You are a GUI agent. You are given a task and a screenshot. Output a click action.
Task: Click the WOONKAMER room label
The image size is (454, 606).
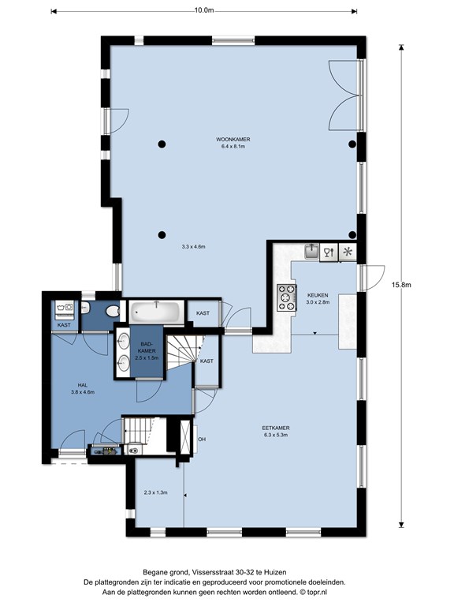click(233, 139)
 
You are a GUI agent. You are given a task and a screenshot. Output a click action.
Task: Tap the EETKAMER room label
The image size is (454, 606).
click(276, 428)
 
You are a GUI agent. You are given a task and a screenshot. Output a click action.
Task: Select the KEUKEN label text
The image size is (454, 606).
click(318, 295)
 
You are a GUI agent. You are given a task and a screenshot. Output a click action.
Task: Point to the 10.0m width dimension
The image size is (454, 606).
click(204, 10)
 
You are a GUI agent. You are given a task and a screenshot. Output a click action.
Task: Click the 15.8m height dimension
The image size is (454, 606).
click(401, 285)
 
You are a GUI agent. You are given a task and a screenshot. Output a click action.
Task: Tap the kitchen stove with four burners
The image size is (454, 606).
click(286, 297)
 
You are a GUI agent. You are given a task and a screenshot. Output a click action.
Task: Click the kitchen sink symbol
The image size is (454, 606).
click(311, 252)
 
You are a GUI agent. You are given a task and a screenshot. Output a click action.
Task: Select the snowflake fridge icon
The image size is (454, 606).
click(348, 252)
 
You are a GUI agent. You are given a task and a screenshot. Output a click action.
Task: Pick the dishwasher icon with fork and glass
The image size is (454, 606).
click(329, 252)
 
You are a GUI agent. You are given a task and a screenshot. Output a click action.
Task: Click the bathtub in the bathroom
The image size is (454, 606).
click(156, 312)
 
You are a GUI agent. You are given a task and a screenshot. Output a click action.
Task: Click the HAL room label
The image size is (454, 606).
click(83, 385)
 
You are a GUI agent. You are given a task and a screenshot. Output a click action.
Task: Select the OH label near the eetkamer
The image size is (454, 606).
click(202, 440)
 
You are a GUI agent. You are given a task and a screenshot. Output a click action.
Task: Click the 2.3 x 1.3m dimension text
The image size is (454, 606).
click(155, 492)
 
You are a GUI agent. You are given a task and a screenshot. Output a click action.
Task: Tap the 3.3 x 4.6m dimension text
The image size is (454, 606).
click(193, 246)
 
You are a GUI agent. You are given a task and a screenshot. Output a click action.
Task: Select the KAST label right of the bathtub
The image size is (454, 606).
click(203, 313)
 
